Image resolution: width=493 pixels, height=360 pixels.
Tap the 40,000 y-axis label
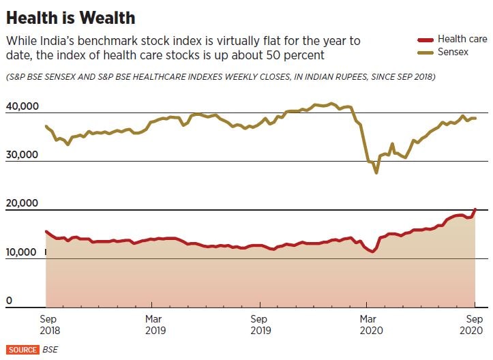click(23, 106)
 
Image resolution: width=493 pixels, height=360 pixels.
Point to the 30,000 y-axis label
click(23, 155)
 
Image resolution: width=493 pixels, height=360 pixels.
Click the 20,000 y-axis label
click(23, 203)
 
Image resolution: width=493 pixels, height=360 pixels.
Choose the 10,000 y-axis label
click(23, 252)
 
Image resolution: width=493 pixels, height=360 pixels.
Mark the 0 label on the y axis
click(10, 301)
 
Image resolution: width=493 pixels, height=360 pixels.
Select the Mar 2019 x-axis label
click(153, 325)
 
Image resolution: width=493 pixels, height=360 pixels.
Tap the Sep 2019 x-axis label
click(260, 325)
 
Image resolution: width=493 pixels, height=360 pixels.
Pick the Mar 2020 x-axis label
click(368, 325)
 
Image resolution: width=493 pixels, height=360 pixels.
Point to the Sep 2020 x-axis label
click(474, 325)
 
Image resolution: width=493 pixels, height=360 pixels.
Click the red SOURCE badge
click(23, 349)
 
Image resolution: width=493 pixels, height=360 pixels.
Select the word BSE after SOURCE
click(50, 349)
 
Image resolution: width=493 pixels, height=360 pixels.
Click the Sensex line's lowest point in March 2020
click(376, 172)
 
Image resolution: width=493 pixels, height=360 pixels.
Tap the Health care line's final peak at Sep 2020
click(475, 209)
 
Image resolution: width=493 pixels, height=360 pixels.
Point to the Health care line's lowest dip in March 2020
click(372, 252)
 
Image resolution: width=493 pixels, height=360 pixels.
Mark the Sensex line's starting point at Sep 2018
click(46, 126)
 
